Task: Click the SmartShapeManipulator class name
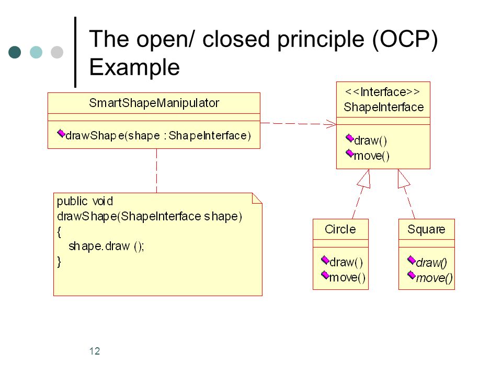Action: tap(154, 103)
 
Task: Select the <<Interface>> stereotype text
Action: tap(382, 92)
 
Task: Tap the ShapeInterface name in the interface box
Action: tap(383, 107)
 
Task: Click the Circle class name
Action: tap(340, 229)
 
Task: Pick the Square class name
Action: tap(426, 230)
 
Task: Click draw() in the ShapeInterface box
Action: tap(370, 140)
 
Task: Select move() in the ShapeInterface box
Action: tap(372, 156)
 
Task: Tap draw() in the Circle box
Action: tap(346, 262)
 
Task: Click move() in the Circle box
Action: tap(347, 277)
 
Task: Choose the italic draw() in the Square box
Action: tap(431, 263)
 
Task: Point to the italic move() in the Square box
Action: tap(435, 278)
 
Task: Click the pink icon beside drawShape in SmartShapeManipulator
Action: tap(61, 133)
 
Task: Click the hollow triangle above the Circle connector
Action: tap(364, 179)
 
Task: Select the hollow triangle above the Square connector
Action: tap(403, 179)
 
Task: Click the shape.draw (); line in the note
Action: tap(106, 246)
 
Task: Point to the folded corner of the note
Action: tap(257, 198)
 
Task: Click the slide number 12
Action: tap(95, 351)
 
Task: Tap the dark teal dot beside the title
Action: tap(15, 52)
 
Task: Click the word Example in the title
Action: tap(134, 67)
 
